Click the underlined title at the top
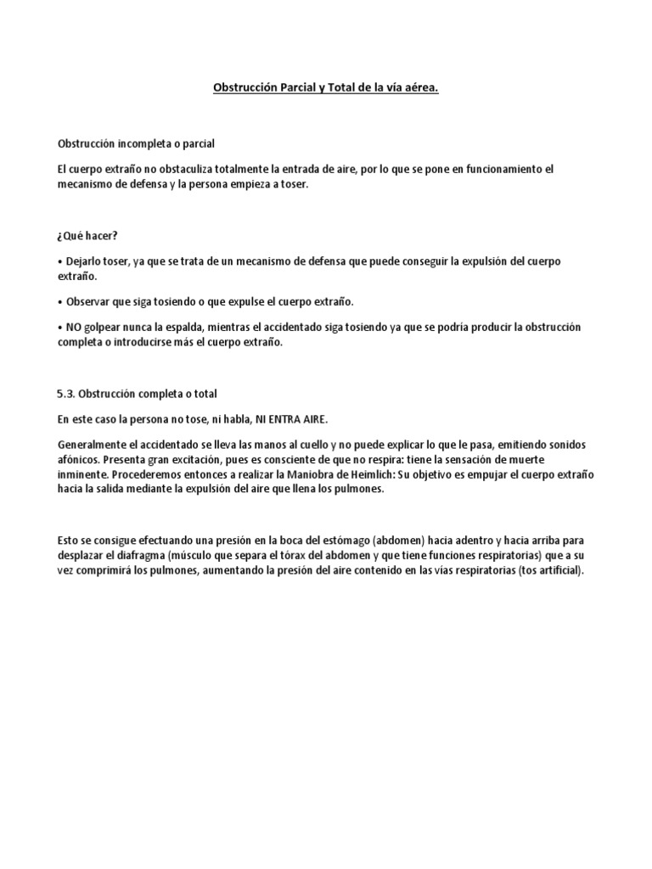(x=325, y=87)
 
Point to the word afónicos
(x=80, y=459)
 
